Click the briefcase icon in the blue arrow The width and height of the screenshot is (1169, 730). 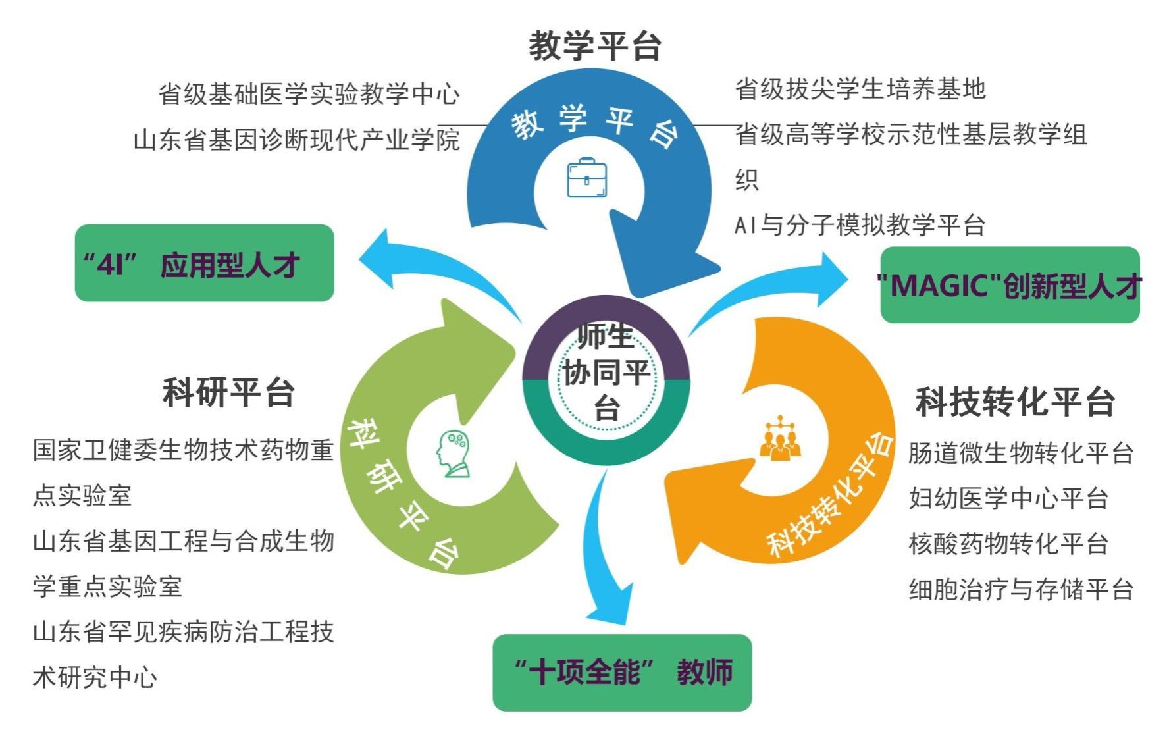click(586, 178)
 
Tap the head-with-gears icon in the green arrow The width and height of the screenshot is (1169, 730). click(454, 454)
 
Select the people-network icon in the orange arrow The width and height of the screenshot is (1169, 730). click(780, 438)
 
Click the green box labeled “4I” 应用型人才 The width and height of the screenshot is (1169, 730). click(204, 263)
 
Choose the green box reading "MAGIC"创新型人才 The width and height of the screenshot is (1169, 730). click(1010, 285)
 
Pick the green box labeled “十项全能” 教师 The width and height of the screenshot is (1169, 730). click(622, 672)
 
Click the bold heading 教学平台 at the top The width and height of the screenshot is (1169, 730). click(595, 45)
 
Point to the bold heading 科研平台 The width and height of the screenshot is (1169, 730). click(228, 392)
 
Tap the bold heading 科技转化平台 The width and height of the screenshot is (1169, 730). click(1015, 402)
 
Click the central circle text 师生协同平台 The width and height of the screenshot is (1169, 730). click(606, 373)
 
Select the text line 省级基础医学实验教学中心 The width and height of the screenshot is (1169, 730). click(309, 94)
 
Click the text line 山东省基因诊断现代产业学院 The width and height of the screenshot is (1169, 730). click(296, 140)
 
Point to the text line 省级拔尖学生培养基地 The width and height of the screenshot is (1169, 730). click(860, 89)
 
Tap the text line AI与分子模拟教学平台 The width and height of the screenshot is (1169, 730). click(859, 225)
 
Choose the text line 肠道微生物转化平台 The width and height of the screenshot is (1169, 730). click(1020, 453)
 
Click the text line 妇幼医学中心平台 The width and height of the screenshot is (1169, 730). click(1008, 498)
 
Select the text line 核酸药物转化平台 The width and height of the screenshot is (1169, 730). click(1008, 544)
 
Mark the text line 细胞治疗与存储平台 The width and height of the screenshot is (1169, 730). click(1020, 589)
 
